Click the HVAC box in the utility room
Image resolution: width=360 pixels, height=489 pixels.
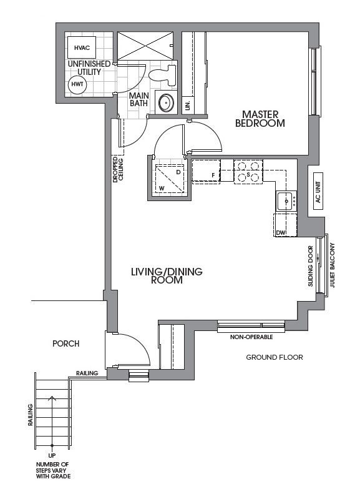[x=82, y=47]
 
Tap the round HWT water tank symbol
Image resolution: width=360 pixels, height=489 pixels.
[x=77, y=84]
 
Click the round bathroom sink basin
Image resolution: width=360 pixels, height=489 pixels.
[x=166, y=102]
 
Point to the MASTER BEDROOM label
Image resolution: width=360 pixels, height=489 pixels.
[x=260, y=119]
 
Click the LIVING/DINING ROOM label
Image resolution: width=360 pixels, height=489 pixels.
[x=167, y=275]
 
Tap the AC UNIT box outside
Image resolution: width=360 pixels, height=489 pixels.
[x=318, y=192]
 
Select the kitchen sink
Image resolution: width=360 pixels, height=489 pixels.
[x=286, y=201]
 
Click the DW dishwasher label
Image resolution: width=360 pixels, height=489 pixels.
[x=281, y=233]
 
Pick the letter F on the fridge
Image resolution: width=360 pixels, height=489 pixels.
[x=213, y=175]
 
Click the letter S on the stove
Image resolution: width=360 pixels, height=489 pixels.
[x=248, y=174]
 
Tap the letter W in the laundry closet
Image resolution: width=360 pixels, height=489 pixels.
[x=162, y=188]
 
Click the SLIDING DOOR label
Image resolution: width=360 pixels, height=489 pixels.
[x=311, y=266]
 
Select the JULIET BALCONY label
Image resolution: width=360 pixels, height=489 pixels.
[x=332, y=265]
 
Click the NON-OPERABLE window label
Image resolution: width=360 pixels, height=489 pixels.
[x=251, y=337]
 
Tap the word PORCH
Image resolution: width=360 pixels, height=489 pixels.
[x=66, y=343]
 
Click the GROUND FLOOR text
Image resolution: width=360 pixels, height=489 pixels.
[x=275, y=357]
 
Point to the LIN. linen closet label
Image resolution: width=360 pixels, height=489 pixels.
[x=187, y=106]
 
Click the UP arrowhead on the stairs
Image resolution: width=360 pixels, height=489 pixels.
[x=52, y=398]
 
